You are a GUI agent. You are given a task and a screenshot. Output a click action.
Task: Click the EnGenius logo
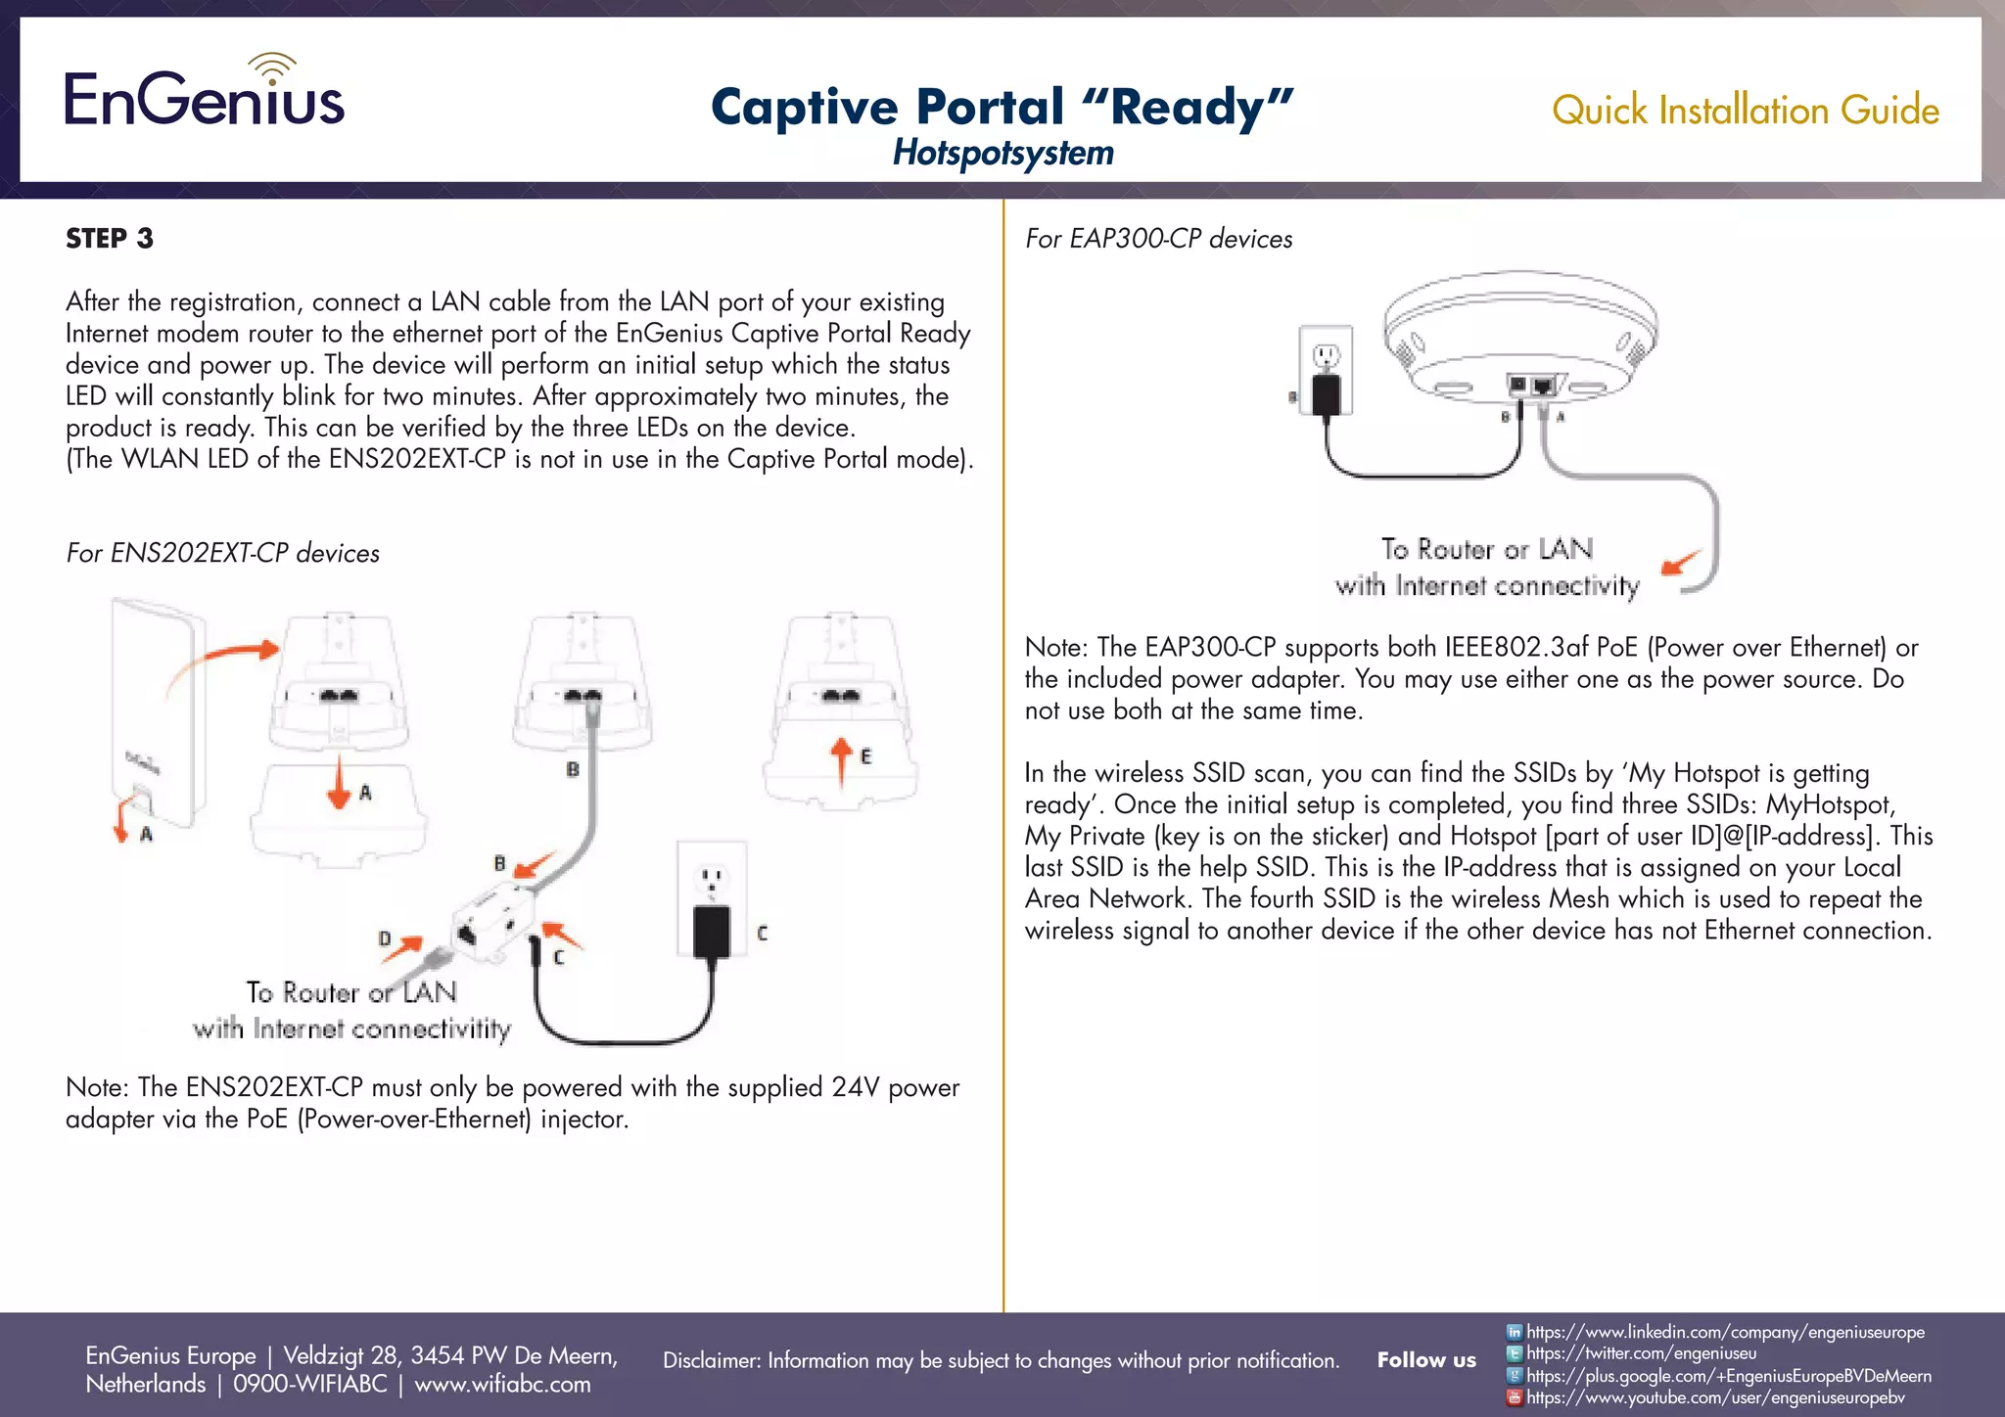click(x=205, y=92)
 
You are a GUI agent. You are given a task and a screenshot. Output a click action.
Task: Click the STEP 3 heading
click(x=110, y=239)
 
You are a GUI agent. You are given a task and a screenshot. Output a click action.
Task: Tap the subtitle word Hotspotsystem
click(x=1002, y=153)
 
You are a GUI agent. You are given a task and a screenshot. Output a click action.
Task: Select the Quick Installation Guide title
click(x=1745, y=110)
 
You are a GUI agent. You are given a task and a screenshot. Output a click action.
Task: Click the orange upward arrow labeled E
click(x=841, y=760)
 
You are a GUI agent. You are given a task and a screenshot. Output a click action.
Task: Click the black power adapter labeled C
click(x=711, y=930)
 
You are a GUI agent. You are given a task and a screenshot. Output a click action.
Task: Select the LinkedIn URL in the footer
click(x=1725, y=1332)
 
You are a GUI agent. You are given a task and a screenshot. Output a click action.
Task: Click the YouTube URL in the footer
click(x=1715, y=1397)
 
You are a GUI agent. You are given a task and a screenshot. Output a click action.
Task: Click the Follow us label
click(x=1425, y=1360)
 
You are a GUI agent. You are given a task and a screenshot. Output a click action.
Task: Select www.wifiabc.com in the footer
click(x=502, y=1384)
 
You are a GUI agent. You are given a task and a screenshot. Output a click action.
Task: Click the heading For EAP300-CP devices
click(x=1158, y=239)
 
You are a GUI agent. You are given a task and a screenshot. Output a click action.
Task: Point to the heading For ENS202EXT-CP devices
click(x=223, y=553)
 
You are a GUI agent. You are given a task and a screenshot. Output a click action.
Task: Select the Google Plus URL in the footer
click(x=1728, y=1376)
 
